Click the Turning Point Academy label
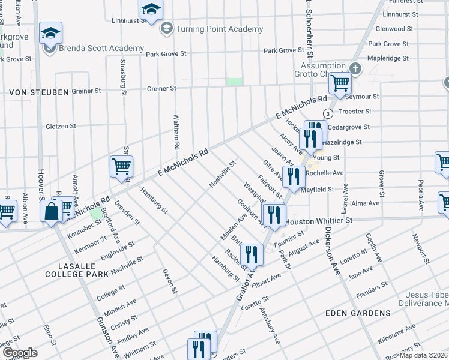tap(219, 29)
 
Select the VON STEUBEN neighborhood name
tap(37, 93)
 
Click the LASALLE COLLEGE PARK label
tap(75, 269)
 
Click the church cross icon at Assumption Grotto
tap(355, 68)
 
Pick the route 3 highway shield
tap(328, 113)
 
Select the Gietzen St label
tap(61, 127)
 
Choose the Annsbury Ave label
tap(270, 326)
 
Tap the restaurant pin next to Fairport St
tap(293, 176)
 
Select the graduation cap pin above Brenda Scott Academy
tap(51, 34)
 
